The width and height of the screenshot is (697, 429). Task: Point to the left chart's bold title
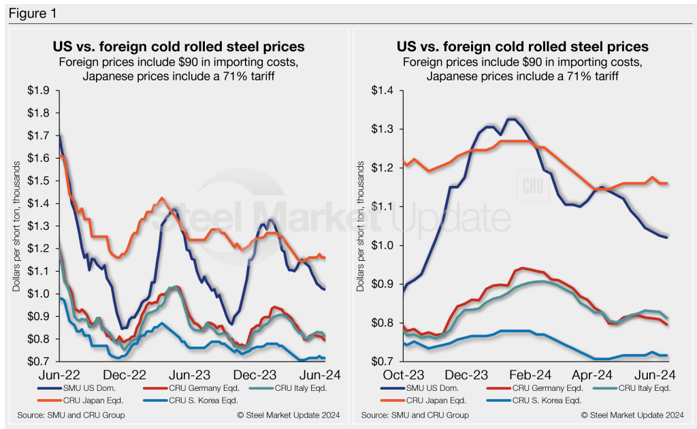[178, 47]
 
